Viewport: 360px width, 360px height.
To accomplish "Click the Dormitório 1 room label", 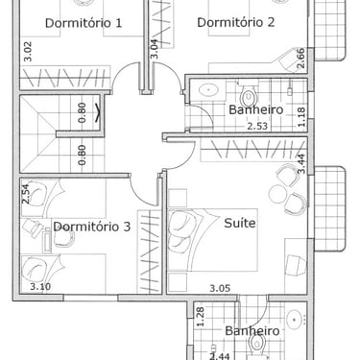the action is click(x=84, y=23).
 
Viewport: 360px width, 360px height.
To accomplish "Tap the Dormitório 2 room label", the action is click(x=236, y=22).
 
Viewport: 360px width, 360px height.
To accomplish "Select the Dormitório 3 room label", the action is click(x=92, y=227).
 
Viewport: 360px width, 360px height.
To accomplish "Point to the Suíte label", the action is click(x=240, y=223).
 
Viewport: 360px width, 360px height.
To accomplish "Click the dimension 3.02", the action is click(x=28, y=51).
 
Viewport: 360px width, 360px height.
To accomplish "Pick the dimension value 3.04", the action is click(x=154, y=49).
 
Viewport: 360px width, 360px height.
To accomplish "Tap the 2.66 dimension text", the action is click(x=300, y=59).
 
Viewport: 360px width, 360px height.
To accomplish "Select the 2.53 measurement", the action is click(x=257, y=126).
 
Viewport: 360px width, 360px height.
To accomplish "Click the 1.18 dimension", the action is click(x=301, y=117).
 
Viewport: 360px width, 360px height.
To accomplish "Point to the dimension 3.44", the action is click(x=301, y=164).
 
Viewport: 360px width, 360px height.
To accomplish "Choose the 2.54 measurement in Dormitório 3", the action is click(x=25, y=194).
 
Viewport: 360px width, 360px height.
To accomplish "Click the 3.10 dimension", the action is click(x=40, y=286).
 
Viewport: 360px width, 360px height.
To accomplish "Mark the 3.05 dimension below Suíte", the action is click(x=220, y=288).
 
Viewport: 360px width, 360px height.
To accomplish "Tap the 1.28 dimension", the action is click(x=201, y=317).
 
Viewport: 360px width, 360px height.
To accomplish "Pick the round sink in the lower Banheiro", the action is click(x=294, y=319).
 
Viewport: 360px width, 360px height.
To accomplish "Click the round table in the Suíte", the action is click(x=277, y=194).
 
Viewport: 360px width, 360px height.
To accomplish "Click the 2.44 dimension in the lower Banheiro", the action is click(x=220, y=356).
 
